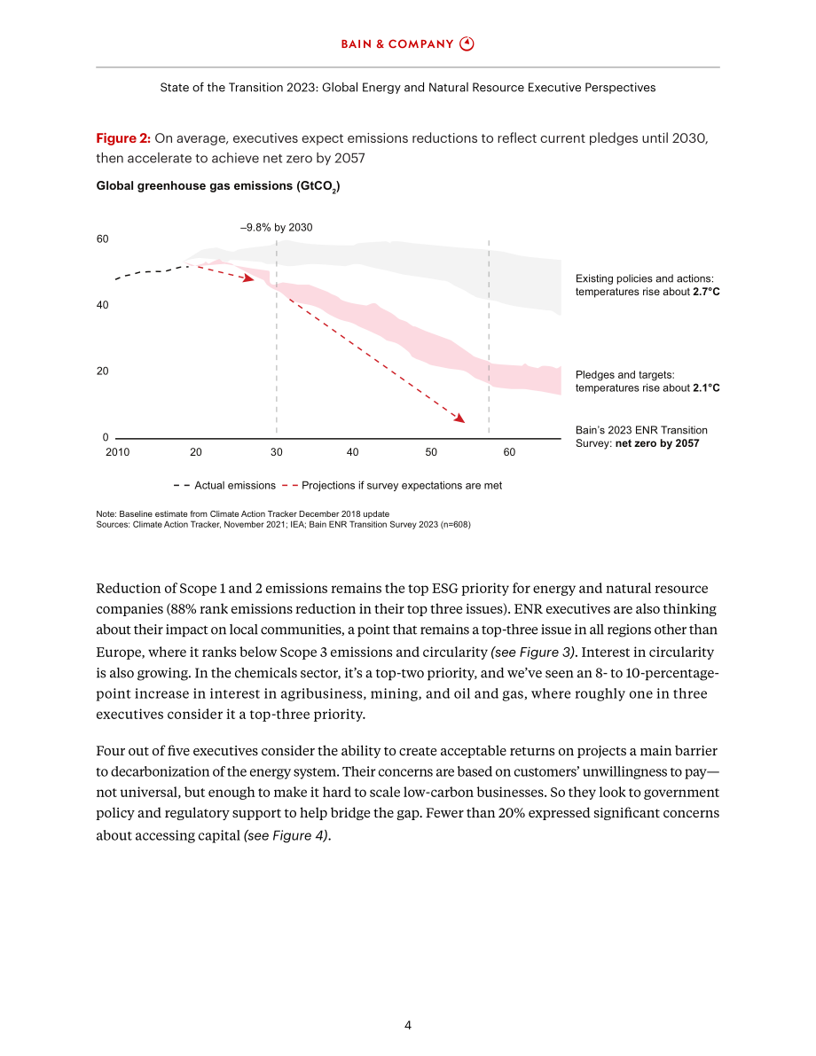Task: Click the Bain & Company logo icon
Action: click(x=467, y=43)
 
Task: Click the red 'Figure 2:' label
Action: click(x=123, y=138)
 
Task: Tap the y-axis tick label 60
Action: click(x=102, y=239)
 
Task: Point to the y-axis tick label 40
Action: click(x=102, y=305)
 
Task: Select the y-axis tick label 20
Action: click(x=102, y=372)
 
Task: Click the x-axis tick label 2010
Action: click(x=117, y=452)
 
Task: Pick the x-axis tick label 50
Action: click(x=431, y=452)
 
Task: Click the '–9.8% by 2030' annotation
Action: click(x=276, y=228)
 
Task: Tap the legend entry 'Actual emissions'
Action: click(x=234, y=486)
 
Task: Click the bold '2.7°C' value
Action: click(x=706, y=292)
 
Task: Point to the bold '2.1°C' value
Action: click(x=706, y=388)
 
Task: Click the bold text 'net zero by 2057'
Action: click(x=657, y=443)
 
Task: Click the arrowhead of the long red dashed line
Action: click(x=460, y=418)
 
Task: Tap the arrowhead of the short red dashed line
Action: click(x=249, y=278)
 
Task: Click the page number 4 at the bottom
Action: click(x=408, y=1025)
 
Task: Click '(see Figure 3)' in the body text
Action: click(x=534, y=652)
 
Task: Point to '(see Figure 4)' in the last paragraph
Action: click(x=287, y=835)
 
